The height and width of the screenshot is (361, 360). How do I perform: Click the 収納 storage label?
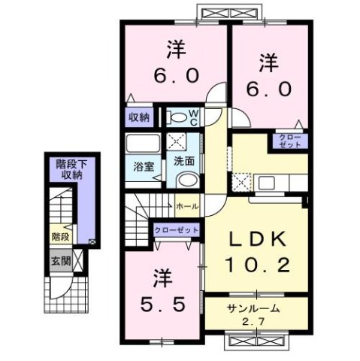point(139,117)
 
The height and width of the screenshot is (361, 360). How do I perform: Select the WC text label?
point(193,117)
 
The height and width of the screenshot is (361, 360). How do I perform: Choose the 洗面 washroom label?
point(184,160)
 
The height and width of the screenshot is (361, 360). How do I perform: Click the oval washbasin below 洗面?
point(188,179)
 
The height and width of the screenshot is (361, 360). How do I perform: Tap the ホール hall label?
point(186,205)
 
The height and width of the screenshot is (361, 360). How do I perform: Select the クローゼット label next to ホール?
point(176,229)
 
